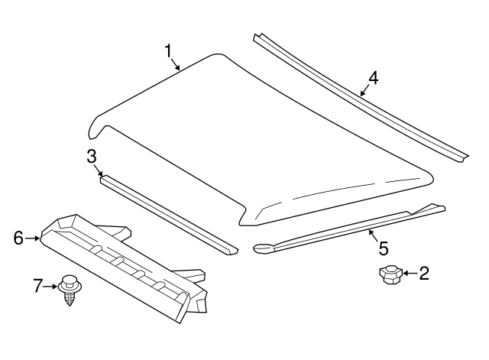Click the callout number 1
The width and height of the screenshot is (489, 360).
(x=168, y=51)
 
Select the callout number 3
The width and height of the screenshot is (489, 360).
(x=91, y=157)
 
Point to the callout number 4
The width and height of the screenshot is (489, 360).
(x=372, y=77)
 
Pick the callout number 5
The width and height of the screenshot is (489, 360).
(x=383, y=248)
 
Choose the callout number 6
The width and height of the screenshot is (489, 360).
(x=18, y=238)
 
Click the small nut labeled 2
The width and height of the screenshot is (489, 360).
(x=390, y=274)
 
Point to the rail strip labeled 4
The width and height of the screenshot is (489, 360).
(x=359, y=99)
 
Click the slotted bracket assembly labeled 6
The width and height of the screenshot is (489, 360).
(x=122, y=260)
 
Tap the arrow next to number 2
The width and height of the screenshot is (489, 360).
(x=410, y=272)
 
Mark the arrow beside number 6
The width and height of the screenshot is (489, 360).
(x=33, y=238)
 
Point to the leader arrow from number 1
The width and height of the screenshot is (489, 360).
(x=176, y=63)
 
